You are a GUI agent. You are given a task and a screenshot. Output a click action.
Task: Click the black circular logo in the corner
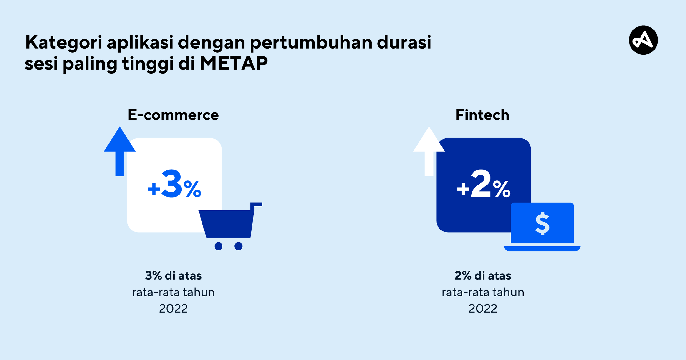643,40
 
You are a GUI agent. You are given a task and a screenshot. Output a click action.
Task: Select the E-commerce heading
173,115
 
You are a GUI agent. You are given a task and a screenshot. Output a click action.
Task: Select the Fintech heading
482,115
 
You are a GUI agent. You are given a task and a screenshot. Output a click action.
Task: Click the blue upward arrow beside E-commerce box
120,151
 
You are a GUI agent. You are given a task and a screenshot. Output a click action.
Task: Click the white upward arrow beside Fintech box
429,151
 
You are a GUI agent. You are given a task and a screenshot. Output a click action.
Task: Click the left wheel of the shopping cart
218,246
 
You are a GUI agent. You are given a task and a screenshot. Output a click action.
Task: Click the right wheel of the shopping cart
238,246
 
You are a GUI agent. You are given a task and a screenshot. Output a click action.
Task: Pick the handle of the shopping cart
256,205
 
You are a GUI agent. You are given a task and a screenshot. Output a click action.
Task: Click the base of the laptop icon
542,249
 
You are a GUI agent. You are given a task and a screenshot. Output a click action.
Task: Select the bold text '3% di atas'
173,275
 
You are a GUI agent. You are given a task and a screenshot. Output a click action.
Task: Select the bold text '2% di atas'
483,275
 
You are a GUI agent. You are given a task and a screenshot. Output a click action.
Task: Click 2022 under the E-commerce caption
173,309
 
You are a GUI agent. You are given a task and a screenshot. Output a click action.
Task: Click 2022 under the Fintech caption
483,309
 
